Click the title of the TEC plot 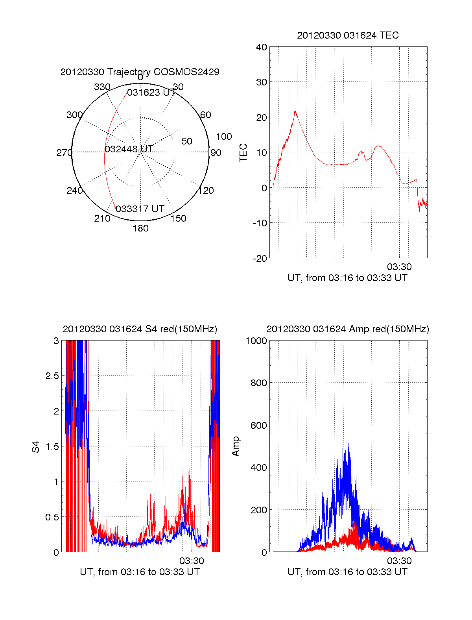(348, 35)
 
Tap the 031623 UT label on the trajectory (151, 93)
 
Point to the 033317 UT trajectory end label (140, 209)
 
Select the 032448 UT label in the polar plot (129, 149)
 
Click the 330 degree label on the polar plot (102, 87)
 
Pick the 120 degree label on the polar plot (206, 191)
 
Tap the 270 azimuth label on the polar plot (64, 153)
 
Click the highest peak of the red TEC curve (295, 111)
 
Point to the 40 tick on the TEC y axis (262, 47)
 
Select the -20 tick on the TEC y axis (260, 259)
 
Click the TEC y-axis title (243, 153)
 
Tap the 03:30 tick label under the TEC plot (399, 267)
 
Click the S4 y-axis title (36, 447)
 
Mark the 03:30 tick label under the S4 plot (192, 561)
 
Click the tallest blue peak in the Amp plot (348, 444)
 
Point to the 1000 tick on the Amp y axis (256, 341)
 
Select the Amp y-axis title (236, 446)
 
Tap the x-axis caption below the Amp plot (348, 572)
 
